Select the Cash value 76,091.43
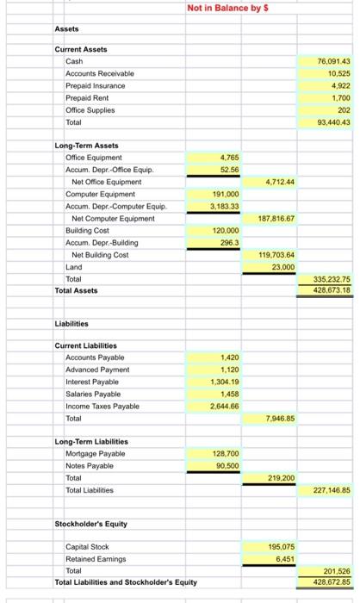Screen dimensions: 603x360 [335, 62]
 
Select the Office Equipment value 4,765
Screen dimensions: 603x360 [230, 158]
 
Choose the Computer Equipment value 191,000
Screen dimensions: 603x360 [227, 195]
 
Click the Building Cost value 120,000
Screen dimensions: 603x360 [227, 232]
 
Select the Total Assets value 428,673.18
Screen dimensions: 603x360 [333, 291]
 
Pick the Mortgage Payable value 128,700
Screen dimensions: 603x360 [227, 453]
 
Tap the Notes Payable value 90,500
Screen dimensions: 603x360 [228, 465]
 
